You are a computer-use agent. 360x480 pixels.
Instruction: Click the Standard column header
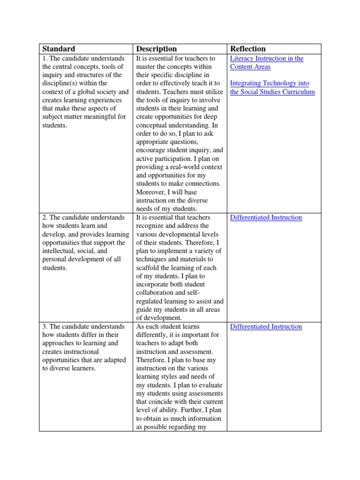click(59, 49)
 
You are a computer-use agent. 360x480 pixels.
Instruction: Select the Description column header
click(156, 49)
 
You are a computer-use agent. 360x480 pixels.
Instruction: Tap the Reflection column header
click(247, 49)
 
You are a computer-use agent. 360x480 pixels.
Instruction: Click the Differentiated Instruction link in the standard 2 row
click(266, 217)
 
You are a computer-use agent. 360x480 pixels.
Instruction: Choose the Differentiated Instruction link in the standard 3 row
click(266, 327)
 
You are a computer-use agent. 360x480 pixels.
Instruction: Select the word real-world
click(189, 167)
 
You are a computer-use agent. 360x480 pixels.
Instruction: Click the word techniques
click(151, 259)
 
